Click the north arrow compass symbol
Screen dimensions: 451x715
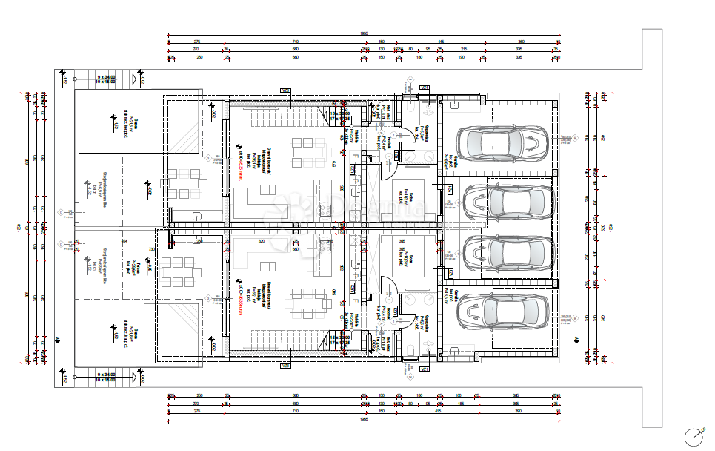[694, 436]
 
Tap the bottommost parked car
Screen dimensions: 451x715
[503, 312]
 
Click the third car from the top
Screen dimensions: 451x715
[508, 254]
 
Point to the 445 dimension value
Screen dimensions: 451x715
[440, 42]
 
